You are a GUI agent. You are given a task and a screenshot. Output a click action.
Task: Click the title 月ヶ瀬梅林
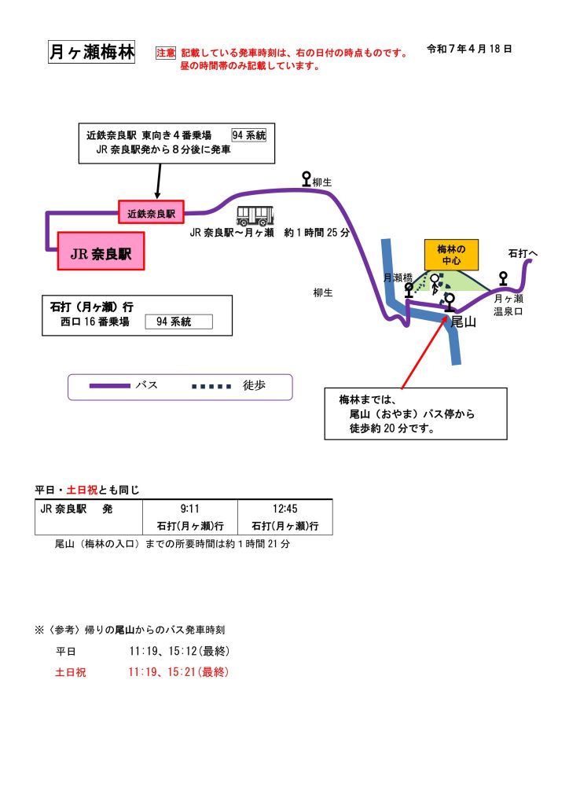click(x=91, y=53)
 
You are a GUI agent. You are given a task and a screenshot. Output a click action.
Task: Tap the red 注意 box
click(x=166, y=53)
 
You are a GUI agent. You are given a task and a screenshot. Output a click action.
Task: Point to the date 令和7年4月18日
click(x=469, y=49)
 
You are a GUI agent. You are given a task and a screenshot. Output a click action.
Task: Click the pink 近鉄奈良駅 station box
click(x=151, y=212)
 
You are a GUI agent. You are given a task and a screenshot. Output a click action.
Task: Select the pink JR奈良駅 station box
click(x=101, y=252)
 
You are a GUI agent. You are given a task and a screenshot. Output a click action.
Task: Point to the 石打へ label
click(x=523, y=254)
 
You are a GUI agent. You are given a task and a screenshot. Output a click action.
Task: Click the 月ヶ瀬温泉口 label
click(x=508, y=305)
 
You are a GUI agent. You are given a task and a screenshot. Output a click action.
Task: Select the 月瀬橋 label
click(x=398, y=278)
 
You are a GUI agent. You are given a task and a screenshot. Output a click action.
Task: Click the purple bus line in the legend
click(x=109, y=386)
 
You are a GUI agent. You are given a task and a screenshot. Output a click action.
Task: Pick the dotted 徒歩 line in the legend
click(x=211, y=386)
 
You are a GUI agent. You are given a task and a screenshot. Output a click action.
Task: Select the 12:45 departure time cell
click(x=284, y=509)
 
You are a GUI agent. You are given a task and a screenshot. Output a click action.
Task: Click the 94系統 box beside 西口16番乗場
click(x=179, y=322)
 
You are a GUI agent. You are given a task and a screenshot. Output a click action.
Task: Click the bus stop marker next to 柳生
click(x=307, y=179)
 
